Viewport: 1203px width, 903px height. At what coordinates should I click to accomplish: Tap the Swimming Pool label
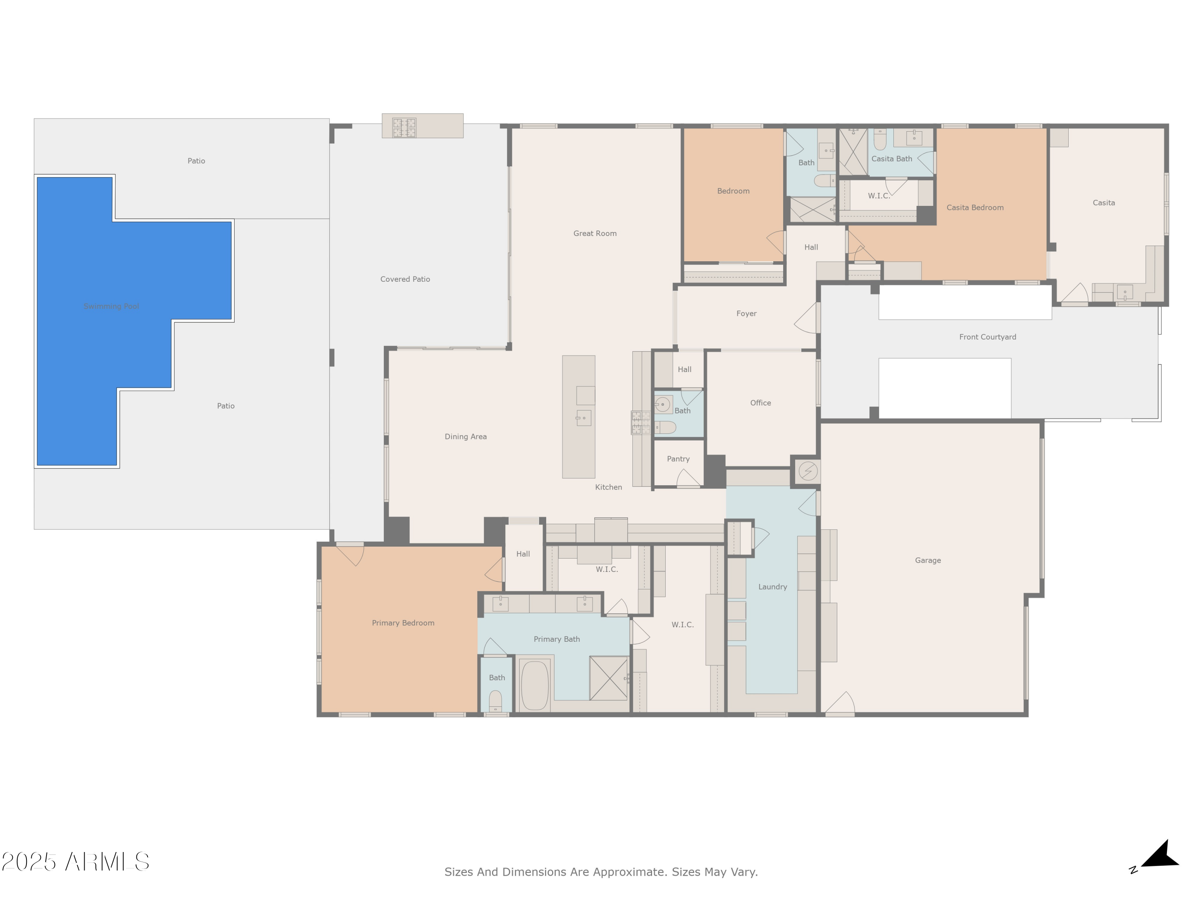(111, 307)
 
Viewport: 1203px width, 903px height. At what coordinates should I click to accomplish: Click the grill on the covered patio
(404, 127)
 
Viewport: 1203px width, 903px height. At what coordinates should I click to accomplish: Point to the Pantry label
(678, 459)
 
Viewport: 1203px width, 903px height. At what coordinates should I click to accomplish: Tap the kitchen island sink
(583, 418)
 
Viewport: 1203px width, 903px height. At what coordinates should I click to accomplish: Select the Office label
(760, 403)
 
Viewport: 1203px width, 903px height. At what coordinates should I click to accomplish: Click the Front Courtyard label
(987, 337)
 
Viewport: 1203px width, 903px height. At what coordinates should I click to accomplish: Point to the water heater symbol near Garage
(808, 471)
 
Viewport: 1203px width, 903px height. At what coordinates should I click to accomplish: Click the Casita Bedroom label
(974, 207)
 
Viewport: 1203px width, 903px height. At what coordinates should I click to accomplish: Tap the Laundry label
(772, 587)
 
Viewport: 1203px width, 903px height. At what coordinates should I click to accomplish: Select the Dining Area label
(466, 437)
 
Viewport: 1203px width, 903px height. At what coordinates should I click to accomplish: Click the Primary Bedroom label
(403, 623)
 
